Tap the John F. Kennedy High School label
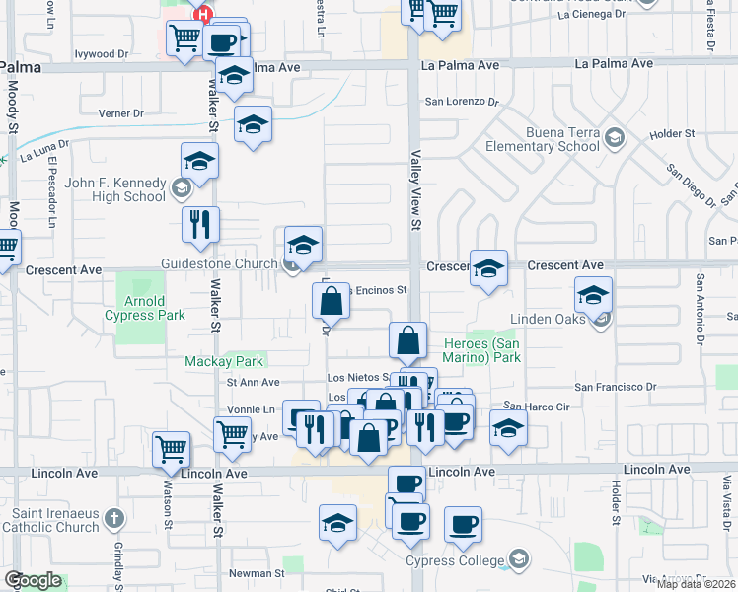coord(115,188)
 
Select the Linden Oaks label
coord(548,319)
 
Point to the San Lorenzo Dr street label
coord(459,102)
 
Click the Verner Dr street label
coord(121,113)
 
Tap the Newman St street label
coord(257,572)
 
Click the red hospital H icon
coord(204,14)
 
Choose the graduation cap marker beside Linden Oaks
coord(593,294)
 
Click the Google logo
coord(33,581)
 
